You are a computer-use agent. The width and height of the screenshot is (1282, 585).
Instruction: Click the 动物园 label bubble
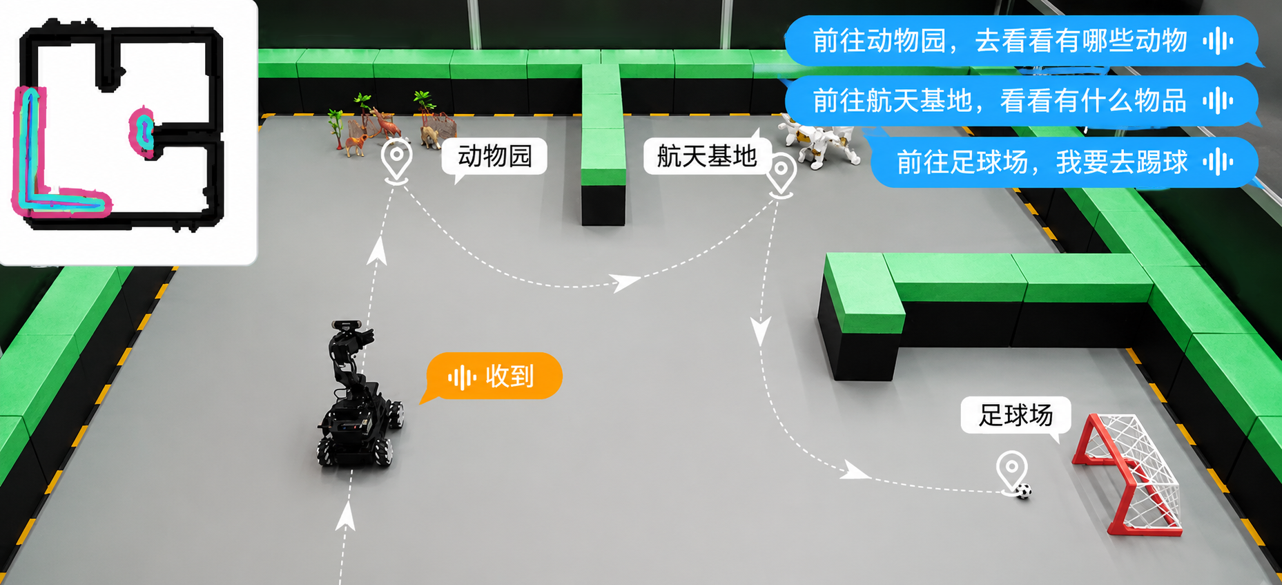pyautogui.click(x=494, y=156)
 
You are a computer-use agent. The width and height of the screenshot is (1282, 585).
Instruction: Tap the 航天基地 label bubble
pyautogui.click(x=706, y=156)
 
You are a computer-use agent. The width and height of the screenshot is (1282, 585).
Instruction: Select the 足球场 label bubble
pyautogui.click(x=1016, y=416)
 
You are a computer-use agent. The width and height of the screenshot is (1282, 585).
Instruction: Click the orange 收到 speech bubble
pyautogui.click(x=493, y=376)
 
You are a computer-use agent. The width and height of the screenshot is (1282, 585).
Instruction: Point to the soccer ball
pyautogui.click(x=1024, y=491)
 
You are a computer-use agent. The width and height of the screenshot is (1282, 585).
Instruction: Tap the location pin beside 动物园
pyautogui.click(x=396, y=161)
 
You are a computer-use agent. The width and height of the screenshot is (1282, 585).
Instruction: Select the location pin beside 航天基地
pyautogui.click(x=781, y=175)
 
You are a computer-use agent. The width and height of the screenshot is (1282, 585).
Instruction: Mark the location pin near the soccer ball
pyautogui.click(x=1011, y=472)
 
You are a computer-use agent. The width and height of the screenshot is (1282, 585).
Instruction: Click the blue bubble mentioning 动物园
pyautogui.click(x=1020, y=41)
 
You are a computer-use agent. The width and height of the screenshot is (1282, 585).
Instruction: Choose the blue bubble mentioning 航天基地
pyautogui.click(x=1020, y=101)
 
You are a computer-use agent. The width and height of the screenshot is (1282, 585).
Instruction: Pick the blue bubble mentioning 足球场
pyautogui.click(x=1063, y=162)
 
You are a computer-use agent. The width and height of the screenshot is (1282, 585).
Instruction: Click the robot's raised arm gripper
pyautogui.click(x=362, y=338)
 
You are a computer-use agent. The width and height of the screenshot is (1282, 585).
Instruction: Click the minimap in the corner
pyautogui.click(x=128, y=132)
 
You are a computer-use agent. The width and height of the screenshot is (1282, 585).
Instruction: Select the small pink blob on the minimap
pyautogui.click(x=142, y=131)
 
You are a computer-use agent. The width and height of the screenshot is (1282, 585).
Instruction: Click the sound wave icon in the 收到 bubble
pyautogui.click(x=462, y=377)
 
